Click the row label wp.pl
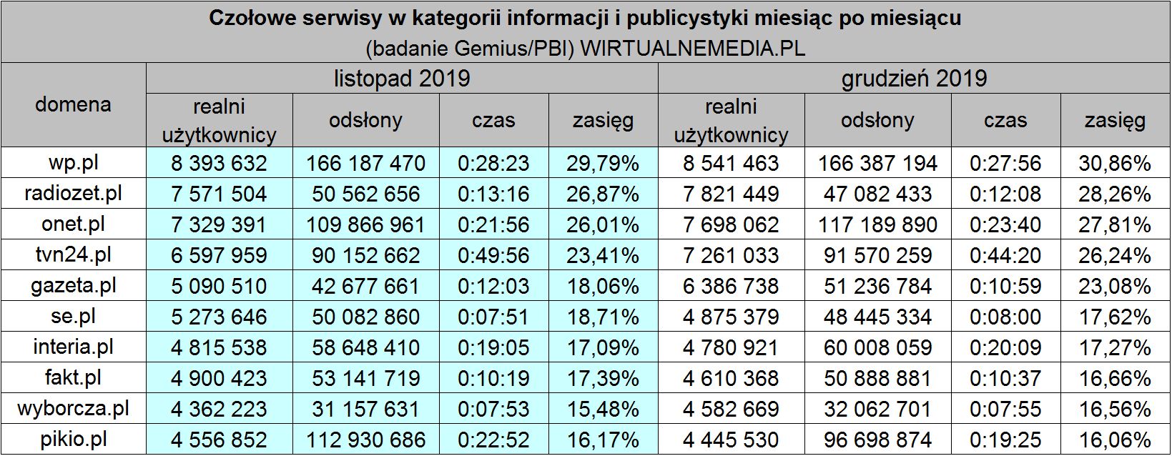click(73, 163)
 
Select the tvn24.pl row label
click(73, 255)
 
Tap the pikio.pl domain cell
click(73, 440)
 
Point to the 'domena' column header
click(73, 104)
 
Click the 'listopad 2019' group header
click(402, 78)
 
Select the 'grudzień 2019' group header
click(914, 78)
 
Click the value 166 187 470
click(365, 163)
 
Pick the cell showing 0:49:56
click(493, 255)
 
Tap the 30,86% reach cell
click(1115, 163)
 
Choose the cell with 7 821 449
click(731, 194)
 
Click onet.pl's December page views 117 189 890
click(877, 224)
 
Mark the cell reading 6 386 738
click(731, 286)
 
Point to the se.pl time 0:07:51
click(493, 317)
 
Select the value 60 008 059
click(877, 347)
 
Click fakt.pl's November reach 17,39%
click(603, 378)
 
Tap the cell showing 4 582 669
click(731, 409)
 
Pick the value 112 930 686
click(365, 440)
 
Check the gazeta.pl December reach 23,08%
click(1115, 286)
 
